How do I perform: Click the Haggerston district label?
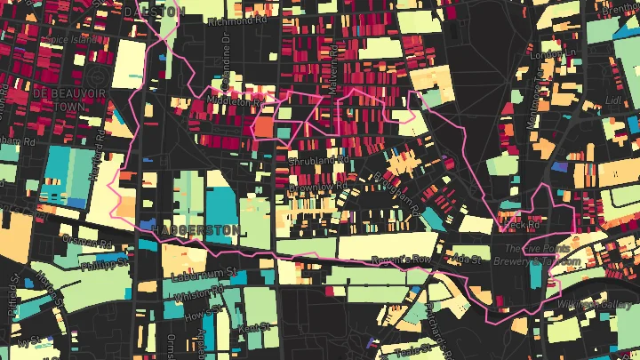click(196, 229)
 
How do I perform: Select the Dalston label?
click(153, 10)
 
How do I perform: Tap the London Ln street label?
click(548, 55)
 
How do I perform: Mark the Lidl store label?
click(614, 101)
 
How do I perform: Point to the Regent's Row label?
click(404, 259)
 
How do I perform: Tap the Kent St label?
click(253, 328)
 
